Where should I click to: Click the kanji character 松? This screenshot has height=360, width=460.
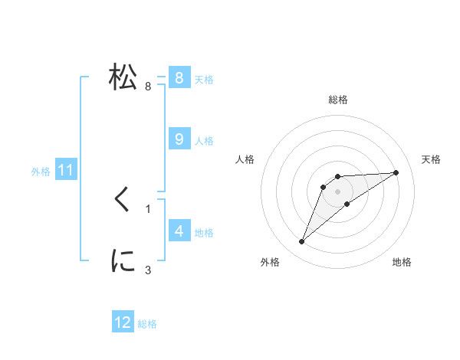(x=123, y=77)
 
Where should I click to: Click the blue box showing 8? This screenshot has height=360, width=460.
(x=179, y=77)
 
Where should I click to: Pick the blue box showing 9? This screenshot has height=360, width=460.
(x=179, y=139)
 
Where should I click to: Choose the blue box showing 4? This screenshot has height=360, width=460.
(x=179, y=231)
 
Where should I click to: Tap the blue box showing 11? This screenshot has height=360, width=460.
(x=65, y=170)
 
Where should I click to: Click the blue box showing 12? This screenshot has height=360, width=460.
(x=123, y=322)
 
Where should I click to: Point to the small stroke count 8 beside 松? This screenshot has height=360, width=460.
(x=148, y=87)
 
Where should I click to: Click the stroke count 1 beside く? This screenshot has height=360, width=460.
(x=148, y=208)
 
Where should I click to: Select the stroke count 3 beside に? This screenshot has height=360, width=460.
(x=148, y=270)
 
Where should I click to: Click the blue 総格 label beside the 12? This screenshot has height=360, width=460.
(x=147, y=324)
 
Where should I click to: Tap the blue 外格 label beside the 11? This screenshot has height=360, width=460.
(x=41, y=172)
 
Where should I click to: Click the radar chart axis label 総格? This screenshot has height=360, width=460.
(x=337, y=100)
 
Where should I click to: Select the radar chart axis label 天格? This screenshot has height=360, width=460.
(x=432, y=159)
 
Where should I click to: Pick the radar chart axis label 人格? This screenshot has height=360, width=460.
(x=245, y=159)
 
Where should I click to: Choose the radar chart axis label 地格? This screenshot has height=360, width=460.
(x=402, y=263)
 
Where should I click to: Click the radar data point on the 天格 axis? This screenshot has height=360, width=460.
(x=396, y=172)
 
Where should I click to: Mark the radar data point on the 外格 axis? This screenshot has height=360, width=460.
(x=301, y=242)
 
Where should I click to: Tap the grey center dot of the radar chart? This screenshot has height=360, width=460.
(x=337, y=191)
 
